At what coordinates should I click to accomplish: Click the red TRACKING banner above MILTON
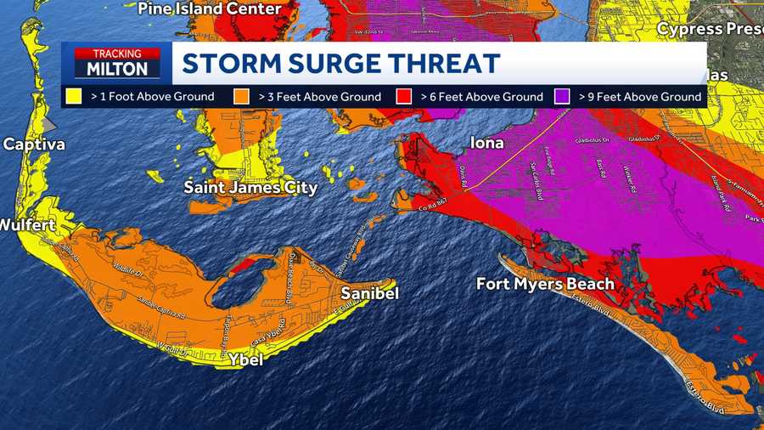(117, 54)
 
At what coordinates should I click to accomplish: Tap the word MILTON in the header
(117, 69)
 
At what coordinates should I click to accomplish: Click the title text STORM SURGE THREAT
(341, 64)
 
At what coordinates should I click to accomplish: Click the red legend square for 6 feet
(407, 96)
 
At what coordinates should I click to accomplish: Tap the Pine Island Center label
(209, 8)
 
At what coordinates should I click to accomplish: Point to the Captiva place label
(33, 144)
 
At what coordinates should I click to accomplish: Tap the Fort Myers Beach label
(545, 284)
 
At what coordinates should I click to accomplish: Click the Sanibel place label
(369, 293)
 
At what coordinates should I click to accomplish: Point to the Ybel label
(245, 360)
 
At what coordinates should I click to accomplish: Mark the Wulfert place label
(27, 225)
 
